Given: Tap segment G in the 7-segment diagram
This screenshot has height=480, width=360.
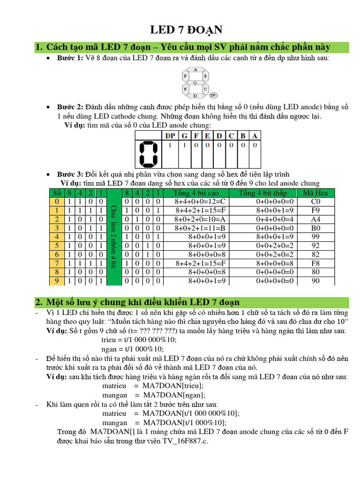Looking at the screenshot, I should [x=195, y=82].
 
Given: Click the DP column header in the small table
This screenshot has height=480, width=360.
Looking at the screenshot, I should [x=170, y=135].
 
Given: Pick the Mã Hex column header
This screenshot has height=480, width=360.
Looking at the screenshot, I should [x=315, y=193].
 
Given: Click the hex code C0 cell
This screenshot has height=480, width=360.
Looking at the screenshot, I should [x=315, y=201].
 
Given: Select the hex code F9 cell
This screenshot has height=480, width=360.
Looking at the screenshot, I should [x=315, y=210].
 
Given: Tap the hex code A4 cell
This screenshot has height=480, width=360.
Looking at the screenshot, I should [x=315, y=219].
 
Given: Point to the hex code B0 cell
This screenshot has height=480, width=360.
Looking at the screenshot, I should [x=315, y=228].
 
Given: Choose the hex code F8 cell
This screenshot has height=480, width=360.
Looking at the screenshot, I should [x=315, y=263].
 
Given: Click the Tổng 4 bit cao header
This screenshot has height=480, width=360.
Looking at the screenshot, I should [x=196, y=193].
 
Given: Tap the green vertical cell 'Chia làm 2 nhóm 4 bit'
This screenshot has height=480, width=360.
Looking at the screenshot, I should [x=113, y=237].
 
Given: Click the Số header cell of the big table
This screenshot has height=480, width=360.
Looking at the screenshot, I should [x=57, y=193].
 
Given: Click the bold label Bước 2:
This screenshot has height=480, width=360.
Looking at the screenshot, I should [x=70, y=107].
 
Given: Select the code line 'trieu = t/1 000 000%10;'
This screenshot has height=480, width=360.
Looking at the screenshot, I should [x=133, y=340].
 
